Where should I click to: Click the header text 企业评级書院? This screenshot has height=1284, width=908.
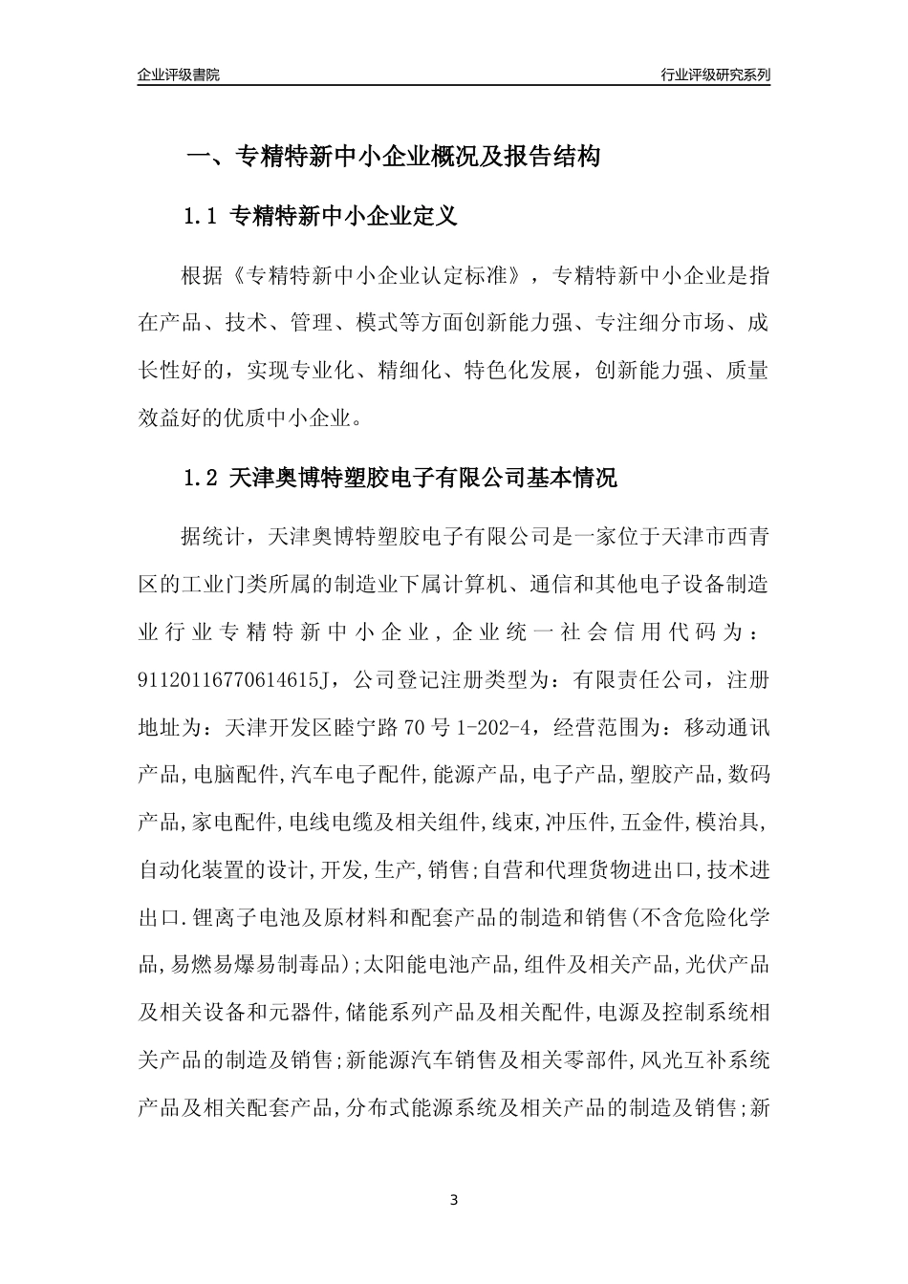tap(179, 75)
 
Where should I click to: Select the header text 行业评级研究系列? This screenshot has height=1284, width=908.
tap(715, 75)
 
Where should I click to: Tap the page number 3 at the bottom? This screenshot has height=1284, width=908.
tap(454, 1199)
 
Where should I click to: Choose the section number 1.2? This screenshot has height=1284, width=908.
tap(202, 479)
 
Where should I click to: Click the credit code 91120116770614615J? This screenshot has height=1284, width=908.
tap(234, 680)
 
